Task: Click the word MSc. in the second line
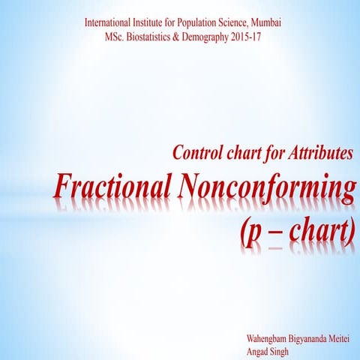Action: (118, 37)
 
